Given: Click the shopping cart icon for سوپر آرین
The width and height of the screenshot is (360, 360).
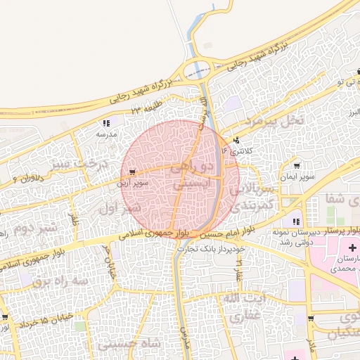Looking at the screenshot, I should point(134,172).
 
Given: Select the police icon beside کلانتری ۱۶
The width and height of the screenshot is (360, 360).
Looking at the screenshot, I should point(236,139).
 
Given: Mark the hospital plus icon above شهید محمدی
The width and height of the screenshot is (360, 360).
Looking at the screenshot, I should point(352,248).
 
